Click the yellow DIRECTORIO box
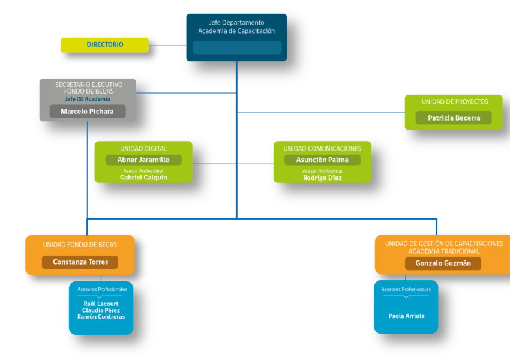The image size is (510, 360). click(x=105, y=45)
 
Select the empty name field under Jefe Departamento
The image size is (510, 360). click(x=237, y=47)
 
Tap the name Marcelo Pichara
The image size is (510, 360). click(x=87, y=112)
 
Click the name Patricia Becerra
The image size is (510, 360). click(x=454, y=118)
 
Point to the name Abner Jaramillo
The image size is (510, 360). click(x=143, y=160)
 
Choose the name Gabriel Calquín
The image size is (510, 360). click(x=143, y=178)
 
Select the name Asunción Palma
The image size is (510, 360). click(x=322, y=160)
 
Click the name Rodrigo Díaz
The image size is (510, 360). click(x=322, y=178)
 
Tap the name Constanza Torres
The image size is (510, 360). click(x=80, y=262)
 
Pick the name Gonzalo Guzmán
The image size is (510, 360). click(x=443, y=263)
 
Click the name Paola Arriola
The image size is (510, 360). click(x=407, y=316)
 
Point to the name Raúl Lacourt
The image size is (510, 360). click(x=101, y=304)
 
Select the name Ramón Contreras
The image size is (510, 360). click(x=101, y=317)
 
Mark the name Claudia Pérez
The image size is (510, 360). click(x=101, y=310)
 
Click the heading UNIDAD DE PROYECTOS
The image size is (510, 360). click(x=455, y=102)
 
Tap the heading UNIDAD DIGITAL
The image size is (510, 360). click(x=143, y=149)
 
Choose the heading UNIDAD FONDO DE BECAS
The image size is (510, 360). click(x=80, y=245)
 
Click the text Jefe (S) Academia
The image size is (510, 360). click(x=88, y=99)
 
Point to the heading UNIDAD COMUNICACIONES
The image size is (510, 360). click(x=322, y=149)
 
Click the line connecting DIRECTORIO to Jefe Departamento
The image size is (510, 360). click(x=167, y=45)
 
